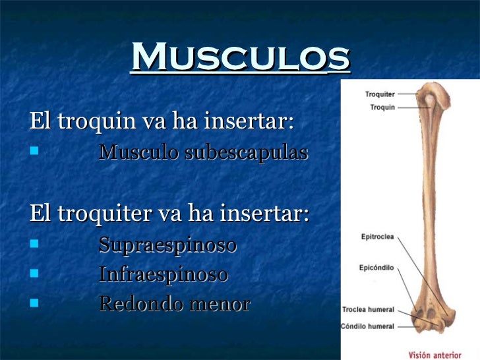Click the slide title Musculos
point(240,57)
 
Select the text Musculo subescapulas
point(203,152)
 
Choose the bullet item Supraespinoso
point(167,245)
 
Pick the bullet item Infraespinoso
point(163,274)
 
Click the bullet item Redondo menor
point(174,303)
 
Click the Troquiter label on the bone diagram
point(380,94)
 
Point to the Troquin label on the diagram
point(382,107)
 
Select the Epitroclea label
point(378,235)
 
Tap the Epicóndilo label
point(376,268)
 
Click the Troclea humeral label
point(368,309)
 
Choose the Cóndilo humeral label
point(368,326)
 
